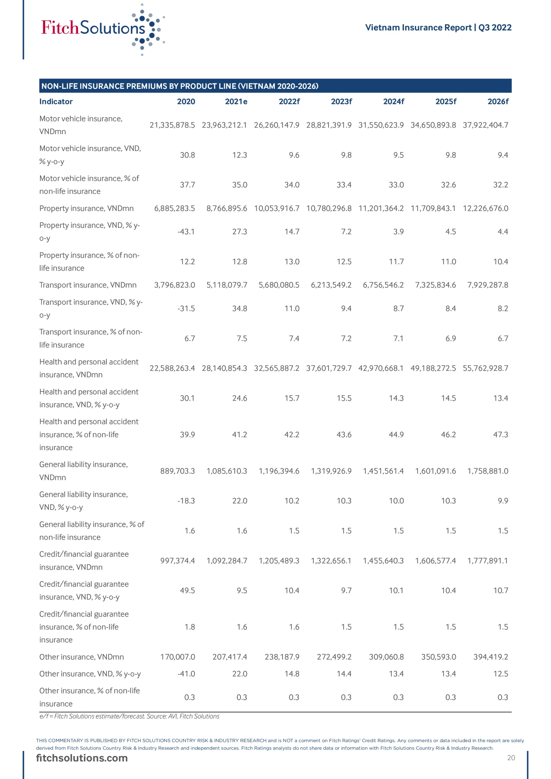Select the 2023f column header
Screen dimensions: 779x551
[341, 101]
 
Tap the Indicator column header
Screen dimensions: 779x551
[56, 101]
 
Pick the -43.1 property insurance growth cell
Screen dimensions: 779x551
[186, 232]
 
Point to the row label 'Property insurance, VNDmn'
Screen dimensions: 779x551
[86, 208]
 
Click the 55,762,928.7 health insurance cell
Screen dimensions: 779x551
[485, 368]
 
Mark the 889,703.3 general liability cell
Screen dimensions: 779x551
[177, 471]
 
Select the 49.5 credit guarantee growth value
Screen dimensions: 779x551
[188, 590]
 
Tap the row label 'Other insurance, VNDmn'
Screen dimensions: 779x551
[82, 657]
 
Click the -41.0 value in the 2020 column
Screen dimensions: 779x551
[186, 674]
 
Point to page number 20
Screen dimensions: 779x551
[511, 758]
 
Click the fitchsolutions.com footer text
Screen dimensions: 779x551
[82, 758]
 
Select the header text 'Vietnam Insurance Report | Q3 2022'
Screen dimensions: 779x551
[438, 27]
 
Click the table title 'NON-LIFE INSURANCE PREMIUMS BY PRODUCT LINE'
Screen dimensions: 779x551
[180, 86]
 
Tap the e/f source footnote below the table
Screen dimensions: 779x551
[129, 716]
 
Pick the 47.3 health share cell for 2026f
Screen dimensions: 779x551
[500, 435]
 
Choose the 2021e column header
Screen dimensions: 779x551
[236, 101]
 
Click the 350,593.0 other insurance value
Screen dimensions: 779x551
[438, 657]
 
